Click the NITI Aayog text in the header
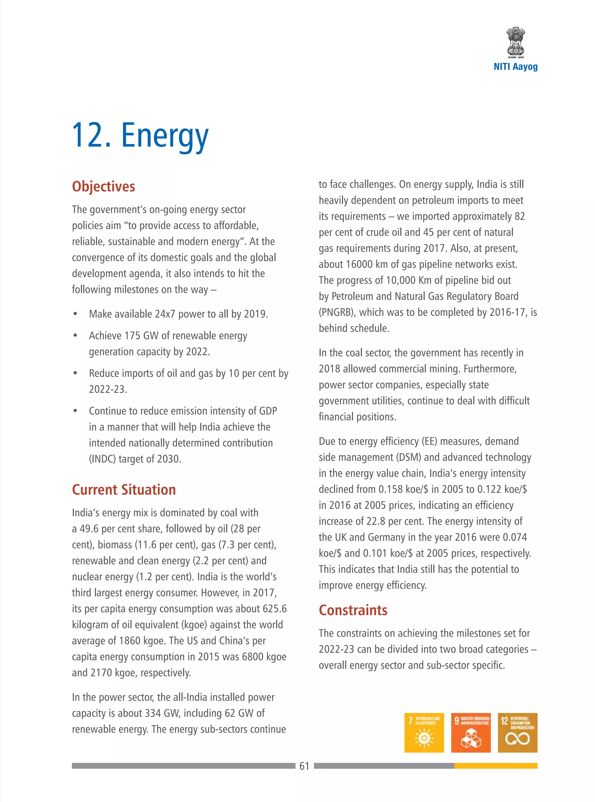click(515, 67)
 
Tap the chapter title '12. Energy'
click(140, 136)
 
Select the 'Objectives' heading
click(103, 187)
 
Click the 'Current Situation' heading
click(123, 490)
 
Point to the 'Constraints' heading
click(353, 610)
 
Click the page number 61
click(304, 766)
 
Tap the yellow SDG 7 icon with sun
click(424, 733)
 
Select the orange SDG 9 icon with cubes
click(471, 733)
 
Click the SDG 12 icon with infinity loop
click(517, 733)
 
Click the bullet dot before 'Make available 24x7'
click(75, 314)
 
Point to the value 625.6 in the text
click(275, 608)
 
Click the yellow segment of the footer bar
click(496, 766)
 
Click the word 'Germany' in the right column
click(386, 537)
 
